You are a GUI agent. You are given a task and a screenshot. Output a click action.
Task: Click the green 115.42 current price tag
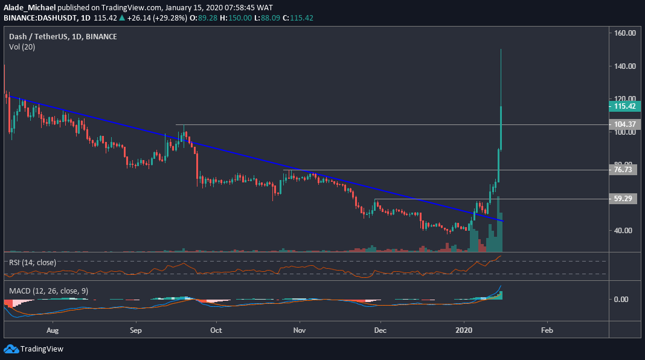pos(624,106)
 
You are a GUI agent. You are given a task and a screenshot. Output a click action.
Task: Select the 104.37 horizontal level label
pos(624,124)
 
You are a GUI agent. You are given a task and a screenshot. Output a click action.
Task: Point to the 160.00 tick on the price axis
pos(624,34)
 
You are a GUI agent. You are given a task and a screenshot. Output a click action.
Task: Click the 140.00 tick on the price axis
pos(624,66)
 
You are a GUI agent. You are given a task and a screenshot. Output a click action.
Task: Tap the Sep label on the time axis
pos(135,331)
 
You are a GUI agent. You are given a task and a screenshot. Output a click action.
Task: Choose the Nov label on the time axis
pos(298,331)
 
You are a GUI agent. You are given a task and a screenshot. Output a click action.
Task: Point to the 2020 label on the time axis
pos(464,331)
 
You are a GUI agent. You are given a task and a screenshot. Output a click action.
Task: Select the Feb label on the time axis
pos(547,331)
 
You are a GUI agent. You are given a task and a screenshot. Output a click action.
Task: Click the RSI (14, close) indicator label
pos(33,262)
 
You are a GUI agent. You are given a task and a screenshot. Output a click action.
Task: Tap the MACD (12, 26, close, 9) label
pos(49,291)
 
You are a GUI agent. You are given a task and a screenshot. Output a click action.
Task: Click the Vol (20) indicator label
pos(22,47)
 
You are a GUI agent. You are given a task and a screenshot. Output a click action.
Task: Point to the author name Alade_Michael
pos(28,7)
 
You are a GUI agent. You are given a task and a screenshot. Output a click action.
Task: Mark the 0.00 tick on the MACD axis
pos(621,299)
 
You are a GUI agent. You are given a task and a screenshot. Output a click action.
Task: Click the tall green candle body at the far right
pos(501,127)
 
